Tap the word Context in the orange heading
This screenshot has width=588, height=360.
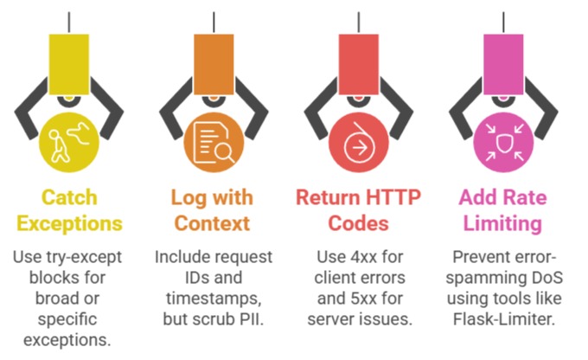coord(212,224)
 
